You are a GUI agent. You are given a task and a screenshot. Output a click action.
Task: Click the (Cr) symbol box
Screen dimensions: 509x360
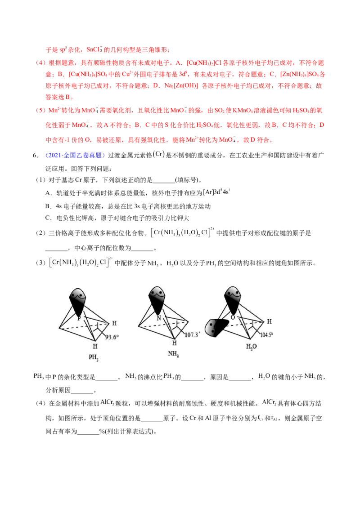click(x=158, y=155)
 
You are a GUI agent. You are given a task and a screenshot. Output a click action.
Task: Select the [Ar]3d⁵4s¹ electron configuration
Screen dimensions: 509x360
click(x=218, y=192)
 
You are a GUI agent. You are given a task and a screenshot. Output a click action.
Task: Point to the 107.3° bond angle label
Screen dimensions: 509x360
click(x=192, y=335)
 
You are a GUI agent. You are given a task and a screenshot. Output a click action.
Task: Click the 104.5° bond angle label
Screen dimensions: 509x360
click(x=267, y=335)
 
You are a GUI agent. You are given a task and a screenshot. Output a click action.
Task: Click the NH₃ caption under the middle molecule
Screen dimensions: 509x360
click(x=173, y=353)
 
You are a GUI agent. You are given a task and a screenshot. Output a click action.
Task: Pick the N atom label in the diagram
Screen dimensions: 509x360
click(x=159, y=317)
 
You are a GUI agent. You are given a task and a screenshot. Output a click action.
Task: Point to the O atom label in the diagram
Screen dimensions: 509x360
click(x=233, y=317)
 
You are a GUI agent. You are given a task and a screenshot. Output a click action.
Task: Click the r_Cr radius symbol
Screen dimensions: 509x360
click(x=261, y=418)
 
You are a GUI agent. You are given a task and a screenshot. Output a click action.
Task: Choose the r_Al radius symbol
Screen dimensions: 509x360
click(x=274, y=418)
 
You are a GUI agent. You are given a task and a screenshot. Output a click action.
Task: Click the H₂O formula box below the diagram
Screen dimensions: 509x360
click(x=264, y=376)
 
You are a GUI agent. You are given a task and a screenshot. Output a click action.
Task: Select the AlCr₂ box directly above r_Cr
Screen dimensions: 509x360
click(x=270, y=402)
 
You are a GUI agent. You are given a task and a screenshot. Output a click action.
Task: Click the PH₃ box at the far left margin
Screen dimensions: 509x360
click(x=39, y=376)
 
